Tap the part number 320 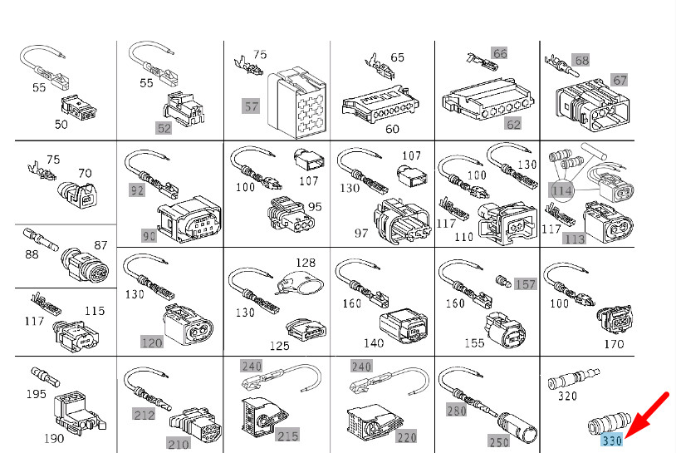[x=567, y=396]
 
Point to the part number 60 [x=392, y=129]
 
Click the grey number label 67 [x=620, y=80]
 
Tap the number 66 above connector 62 [x=499, y=53]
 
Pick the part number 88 [x=31, y=255]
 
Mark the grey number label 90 [x=149, y=236]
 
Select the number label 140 [x=373, y=342]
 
